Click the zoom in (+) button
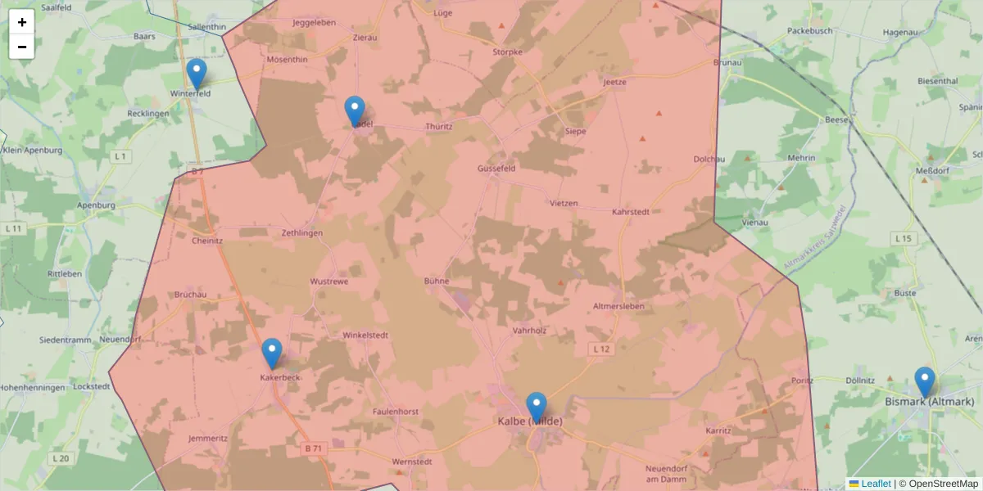pyautogui.click(x=22, y=22)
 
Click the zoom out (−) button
pyautogui.click(x=22, y=47)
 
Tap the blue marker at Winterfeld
pyautogui.click(x=196, y=74)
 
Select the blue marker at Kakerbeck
pyautogui.click(x=272, y=354)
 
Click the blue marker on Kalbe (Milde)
pyautogui.click(x=537, y=408)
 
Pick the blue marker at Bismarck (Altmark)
pyautogui.click(x=925, y=382)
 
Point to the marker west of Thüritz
pyautogui.click(x=355, y=111)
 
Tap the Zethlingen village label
pyautogui.click(x=302, y=233)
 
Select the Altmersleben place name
pyautogui.click(x=618, y=306)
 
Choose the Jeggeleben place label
pyautogui.click(x=315, y=23)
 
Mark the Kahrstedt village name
pyautogui.click(x=631, y=212)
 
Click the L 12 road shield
pyautogui.click(x=601, y=349)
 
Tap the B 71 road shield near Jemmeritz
pyautogui.click(x=314, y=448)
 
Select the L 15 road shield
pyautogui.click(x=903, y=238)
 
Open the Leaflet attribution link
pyautogui.click(x=876, y=484)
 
